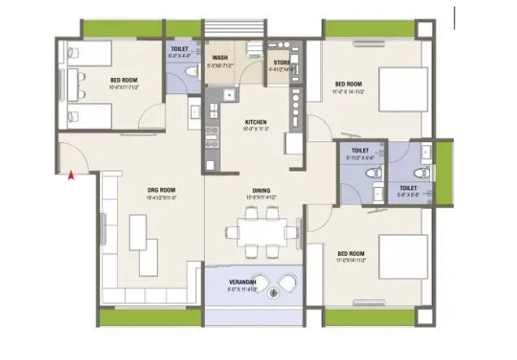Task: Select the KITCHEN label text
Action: (x=254, y=123)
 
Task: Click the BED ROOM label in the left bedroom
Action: (x=123, y=80)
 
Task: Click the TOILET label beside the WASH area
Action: (x=178, y=49)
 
